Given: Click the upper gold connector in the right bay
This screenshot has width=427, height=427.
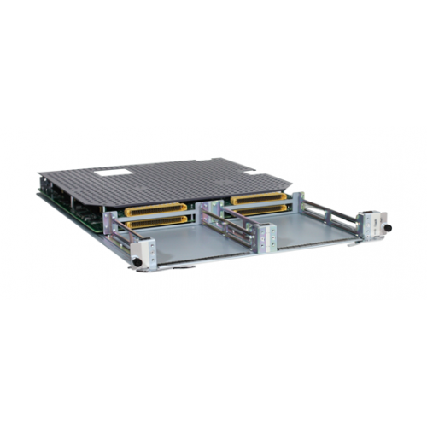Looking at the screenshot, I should pyautogui.click(x=257, y=198).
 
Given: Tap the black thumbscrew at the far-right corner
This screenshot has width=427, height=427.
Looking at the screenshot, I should pyautogui.click(x=385, y=229).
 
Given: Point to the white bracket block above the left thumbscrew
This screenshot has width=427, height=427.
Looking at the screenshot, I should pyautogui.click(x=143, y=249).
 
